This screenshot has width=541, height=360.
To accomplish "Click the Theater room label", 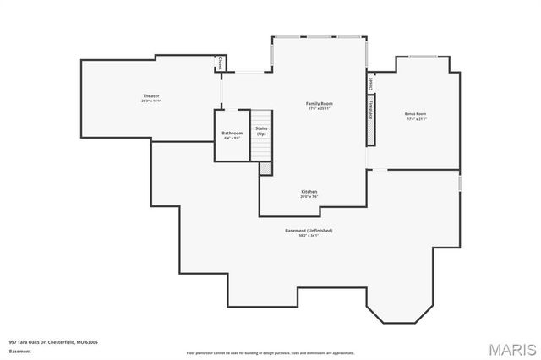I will coord(150,96).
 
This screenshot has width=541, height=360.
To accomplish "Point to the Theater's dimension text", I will coord(150,101).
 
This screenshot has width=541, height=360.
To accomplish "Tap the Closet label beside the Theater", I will coord(220,63).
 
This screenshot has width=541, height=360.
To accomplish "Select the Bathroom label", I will coord(232,133).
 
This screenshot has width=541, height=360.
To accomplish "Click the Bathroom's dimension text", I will coord(232,138).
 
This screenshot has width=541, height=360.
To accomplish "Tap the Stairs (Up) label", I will coord(262,131).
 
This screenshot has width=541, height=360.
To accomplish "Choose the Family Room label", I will coord(319,103).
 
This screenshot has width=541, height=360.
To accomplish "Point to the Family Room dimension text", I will coord(319,108).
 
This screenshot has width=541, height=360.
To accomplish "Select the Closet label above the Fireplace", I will coord(370,84).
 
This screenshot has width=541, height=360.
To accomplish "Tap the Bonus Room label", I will coord(415,113).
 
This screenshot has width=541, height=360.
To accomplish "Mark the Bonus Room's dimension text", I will coord(415,118).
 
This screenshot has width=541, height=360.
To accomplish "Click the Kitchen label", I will coord(309,192).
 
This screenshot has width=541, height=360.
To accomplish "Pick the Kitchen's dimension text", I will coord(309,197).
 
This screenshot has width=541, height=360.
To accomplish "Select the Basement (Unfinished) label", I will coord(308,230).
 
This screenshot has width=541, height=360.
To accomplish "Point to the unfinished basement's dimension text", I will coord(308,235).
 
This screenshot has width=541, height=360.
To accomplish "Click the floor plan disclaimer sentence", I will coord(270,352).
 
